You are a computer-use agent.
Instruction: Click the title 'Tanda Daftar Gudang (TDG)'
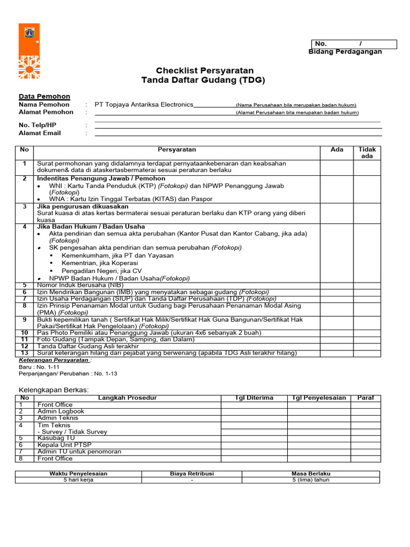(x=202, y=80)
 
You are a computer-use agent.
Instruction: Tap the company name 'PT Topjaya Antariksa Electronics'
(x=144, y=105)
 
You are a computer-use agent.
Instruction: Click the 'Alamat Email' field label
(x=40, y=133)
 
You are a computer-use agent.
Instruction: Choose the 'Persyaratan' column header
(x=177, y=150)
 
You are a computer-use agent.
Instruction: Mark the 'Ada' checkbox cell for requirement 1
(x=337, y=167)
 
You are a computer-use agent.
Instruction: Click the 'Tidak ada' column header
(x=367, y=153)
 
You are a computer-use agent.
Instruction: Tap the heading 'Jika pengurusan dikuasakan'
(x=83, y=206)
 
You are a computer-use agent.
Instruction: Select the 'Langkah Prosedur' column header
(x=128, y=398)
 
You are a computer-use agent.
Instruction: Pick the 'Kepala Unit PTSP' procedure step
(x=60, y=444)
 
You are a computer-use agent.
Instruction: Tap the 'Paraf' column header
(x=366, y=398)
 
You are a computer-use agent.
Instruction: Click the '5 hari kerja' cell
(x=78, y=480)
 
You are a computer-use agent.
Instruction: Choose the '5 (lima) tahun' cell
(x=311, y=480)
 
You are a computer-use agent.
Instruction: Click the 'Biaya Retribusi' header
(x=192, y=473)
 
